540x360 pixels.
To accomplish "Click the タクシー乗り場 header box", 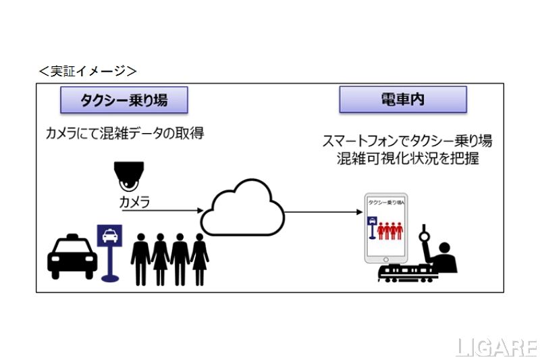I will [x=124, y=100].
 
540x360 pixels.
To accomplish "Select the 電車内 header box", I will [x=402, y=100].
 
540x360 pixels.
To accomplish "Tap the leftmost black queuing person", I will [x=141, y=259].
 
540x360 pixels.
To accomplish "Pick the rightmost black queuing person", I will [x=200, y=259].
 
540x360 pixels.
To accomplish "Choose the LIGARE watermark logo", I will [x=495, y=346].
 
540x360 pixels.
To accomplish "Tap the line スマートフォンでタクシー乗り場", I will [x=408, y=142].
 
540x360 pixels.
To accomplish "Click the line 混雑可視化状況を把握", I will [x=408, y=159].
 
